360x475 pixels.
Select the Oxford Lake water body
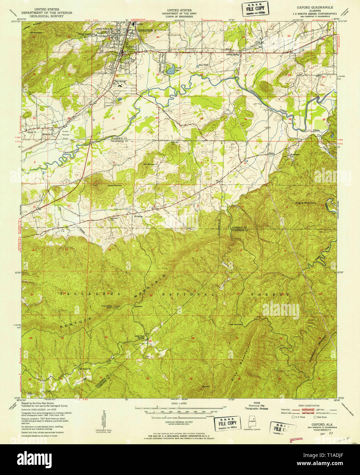pyautogui.click(x=170, y=71)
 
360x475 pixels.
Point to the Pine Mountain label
pyautogui.click(x=236, y=324)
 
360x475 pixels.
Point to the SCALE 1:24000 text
pyautogui.click(x=180, y=404)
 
